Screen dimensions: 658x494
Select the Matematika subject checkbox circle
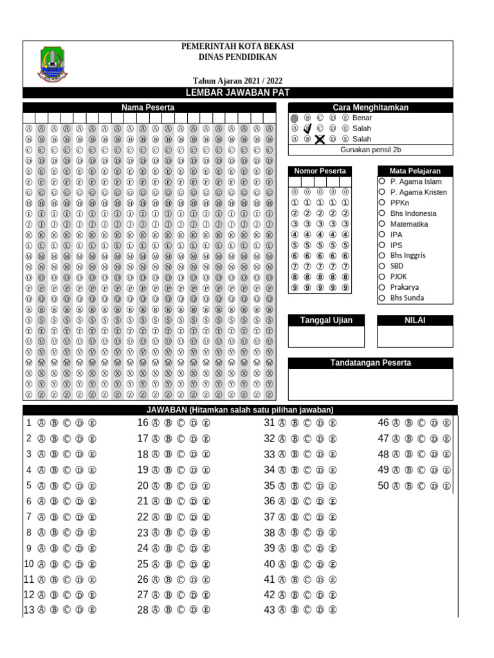382,224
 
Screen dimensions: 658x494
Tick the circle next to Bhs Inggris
382,255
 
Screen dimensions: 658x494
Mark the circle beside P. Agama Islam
382,181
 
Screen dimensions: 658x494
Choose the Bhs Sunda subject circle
382,298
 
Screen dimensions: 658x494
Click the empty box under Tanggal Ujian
326,336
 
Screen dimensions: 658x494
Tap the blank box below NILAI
415,336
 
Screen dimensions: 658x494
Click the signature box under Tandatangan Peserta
370,384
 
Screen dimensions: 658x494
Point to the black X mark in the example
320,139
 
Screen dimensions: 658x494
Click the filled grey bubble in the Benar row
295,118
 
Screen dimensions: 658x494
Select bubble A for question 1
41,423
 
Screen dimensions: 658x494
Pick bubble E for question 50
446,486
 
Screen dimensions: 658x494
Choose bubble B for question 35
294,486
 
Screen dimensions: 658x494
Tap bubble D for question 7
79,517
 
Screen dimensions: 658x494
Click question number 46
383,423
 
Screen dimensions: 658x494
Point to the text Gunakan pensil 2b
370,149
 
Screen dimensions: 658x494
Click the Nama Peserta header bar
148,107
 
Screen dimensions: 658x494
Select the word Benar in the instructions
362,118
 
